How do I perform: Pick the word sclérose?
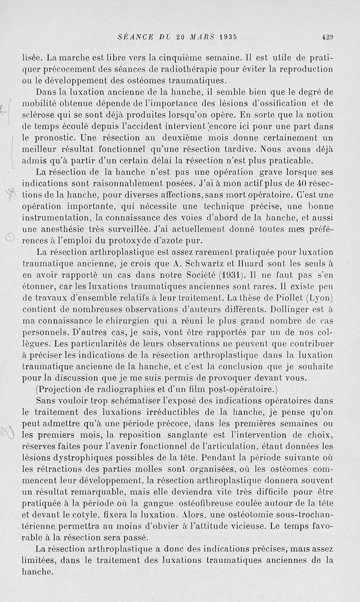tap(40, 115)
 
